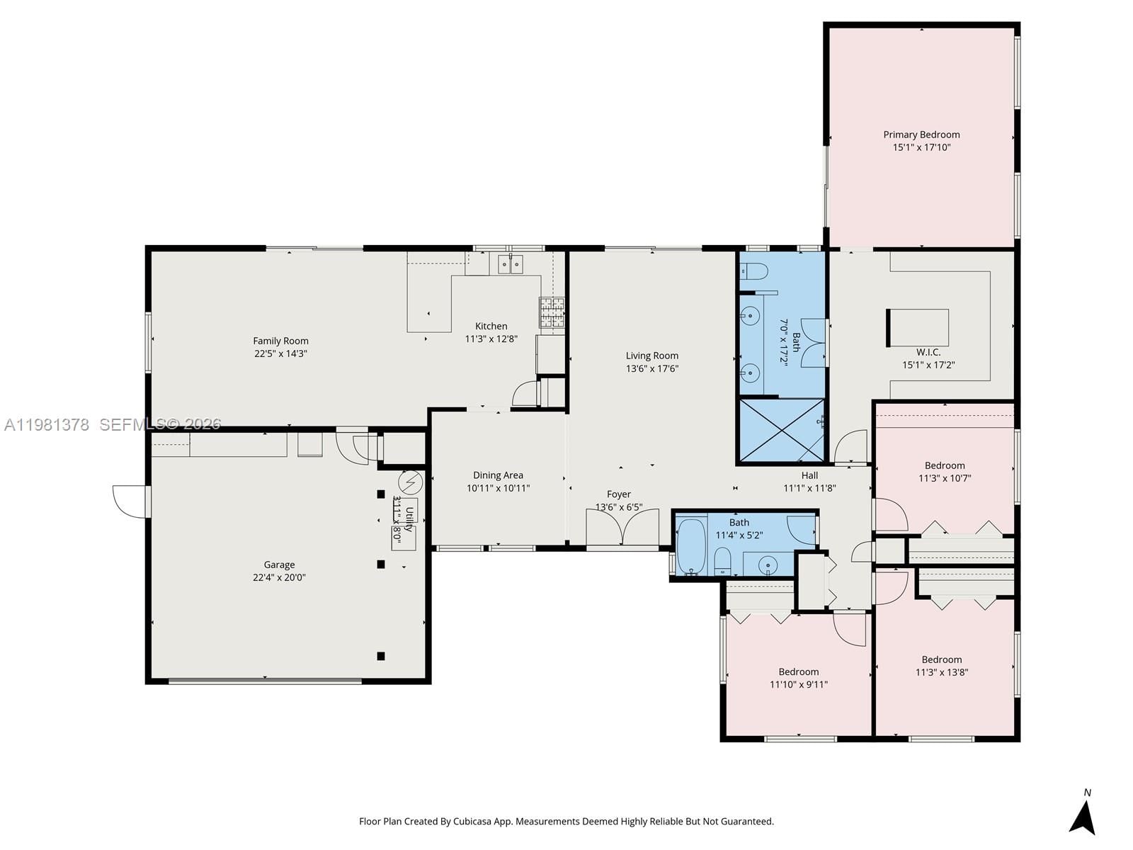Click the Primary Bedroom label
(921, 135)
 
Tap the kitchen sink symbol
(510, 265)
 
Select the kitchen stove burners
(552, 312)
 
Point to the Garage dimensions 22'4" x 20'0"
(279, 577)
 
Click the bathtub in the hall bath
(690, 546)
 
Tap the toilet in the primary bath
(754, 271)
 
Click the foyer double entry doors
(622, 528)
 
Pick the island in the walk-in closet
(918, 328)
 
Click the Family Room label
(280, 341)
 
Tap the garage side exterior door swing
(130, 501)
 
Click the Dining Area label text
(498, 475)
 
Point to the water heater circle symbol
(410, 482)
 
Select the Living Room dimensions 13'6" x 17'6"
(651, 368)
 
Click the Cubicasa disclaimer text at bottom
(566, 822)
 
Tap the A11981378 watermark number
(47, 424)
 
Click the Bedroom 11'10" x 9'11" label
(798, 671)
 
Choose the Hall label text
(809, 475)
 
